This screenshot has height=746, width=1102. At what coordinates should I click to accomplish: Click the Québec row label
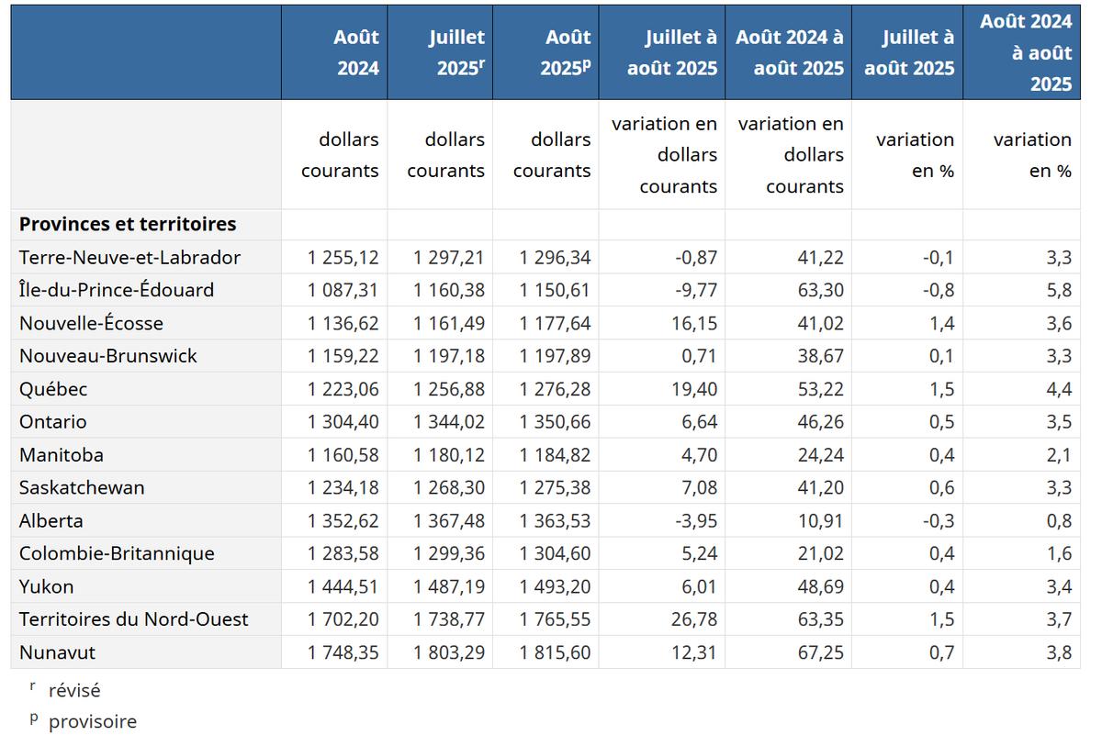[53, 389]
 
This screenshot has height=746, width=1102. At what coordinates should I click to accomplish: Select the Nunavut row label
[57, 652]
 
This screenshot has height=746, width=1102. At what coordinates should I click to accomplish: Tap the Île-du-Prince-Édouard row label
[117, 290]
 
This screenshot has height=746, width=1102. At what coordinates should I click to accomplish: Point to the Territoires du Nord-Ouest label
[133, 619]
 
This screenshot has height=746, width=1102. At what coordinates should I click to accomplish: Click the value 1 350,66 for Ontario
[555, 422]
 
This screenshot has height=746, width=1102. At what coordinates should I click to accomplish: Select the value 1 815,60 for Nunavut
[555, 652]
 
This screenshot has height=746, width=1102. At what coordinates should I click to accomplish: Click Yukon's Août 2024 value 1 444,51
[343, 586]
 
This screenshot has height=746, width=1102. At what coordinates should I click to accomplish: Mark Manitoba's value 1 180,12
[449, 455]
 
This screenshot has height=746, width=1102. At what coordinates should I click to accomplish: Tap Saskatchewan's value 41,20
[820, 488]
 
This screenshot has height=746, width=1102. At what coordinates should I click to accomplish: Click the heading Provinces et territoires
[128, 224]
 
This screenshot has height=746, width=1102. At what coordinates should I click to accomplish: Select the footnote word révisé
[74, 690]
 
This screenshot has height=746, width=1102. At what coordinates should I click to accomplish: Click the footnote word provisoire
[93, 721]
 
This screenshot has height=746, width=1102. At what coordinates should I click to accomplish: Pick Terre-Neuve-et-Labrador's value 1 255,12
[343, 257]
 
